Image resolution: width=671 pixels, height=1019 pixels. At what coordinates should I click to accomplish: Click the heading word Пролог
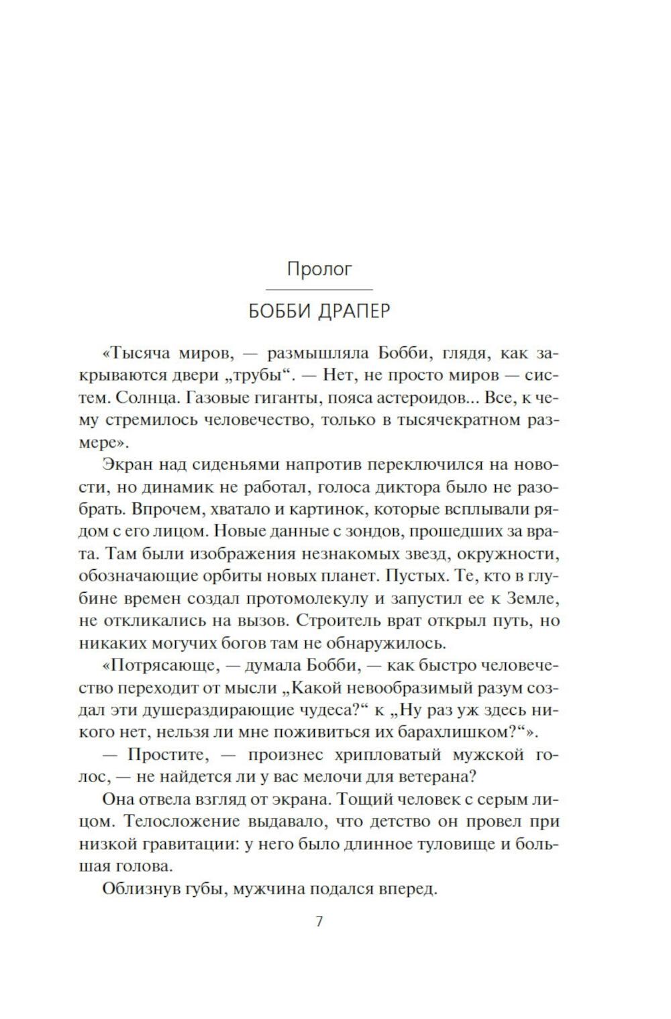click(x=319, y=269)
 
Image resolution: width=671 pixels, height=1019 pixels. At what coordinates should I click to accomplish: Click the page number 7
click(x=319, y=922)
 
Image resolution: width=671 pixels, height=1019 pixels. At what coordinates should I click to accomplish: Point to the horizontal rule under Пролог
click(x=319, y=289)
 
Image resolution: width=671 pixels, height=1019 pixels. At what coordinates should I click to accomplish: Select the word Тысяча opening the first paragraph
click(x=140, y=353)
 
